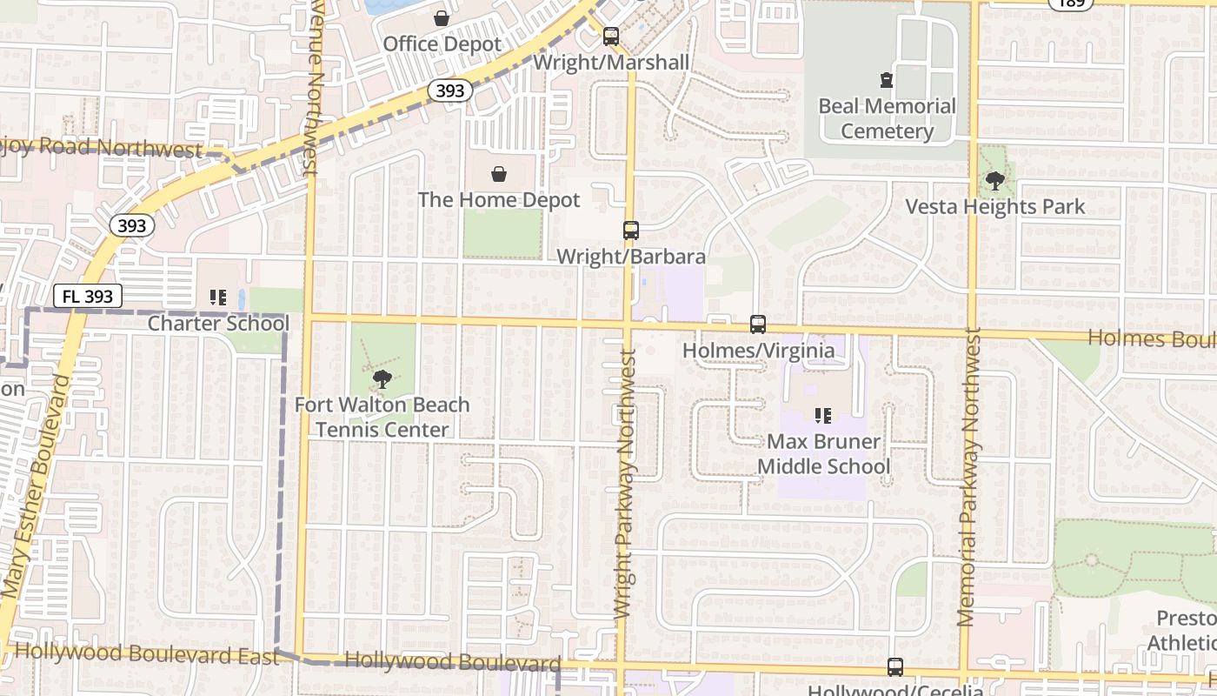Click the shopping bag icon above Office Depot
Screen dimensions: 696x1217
point(442,17)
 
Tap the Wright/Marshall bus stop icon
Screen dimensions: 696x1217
point(611,37)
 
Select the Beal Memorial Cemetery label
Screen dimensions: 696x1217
point(887,118)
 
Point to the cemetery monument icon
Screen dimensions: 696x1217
point(887,80)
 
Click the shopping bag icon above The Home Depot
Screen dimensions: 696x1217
point(499,174)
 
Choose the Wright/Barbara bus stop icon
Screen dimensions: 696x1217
point(631,231)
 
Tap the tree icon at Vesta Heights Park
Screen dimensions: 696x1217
point(995,182)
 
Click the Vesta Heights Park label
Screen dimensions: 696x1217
point(995,207)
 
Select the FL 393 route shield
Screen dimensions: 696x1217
point(88,296)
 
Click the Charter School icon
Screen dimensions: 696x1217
point(218,298)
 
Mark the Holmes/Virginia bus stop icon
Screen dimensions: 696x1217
point(758,325)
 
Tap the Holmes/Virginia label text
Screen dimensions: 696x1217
point(758,351)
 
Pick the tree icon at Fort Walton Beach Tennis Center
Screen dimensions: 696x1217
point(381,379)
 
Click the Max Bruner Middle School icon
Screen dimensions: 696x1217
point(823,416)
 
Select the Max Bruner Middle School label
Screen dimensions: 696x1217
point(823,454)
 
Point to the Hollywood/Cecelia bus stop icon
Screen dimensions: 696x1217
point(895,667)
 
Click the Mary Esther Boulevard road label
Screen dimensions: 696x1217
point(36,487)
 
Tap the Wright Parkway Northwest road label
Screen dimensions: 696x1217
point(625,484)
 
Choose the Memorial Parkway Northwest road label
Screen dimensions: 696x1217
point(968,477)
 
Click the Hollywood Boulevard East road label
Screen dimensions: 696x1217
point(147,653)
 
